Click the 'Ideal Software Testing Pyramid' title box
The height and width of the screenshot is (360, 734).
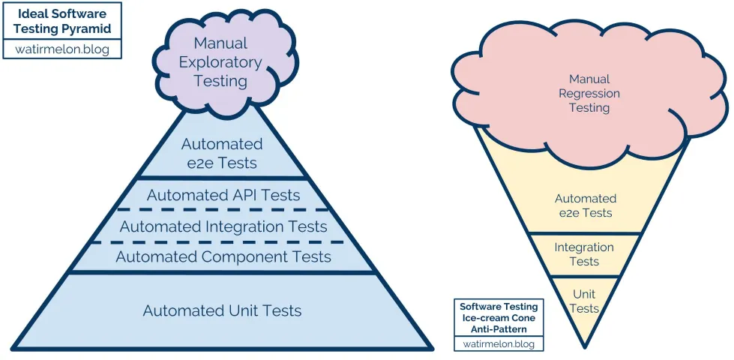pyautogui.click(x=61, y=20)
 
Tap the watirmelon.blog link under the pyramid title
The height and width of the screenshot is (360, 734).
pyautogui.click(x=61, y=49)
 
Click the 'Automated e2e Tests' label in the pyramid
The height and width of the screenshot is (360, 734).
pyautogui.click(x=222, y=153)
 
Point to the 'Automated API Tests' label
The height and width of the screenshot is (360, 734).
pyautogui.click(x=223, y=195)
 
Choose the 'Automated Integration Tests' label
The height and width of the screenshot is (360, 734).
pyautogui.click(x=223, y=226)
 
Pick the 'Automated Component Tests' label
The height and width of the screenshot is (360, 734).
pyautogui.click(x=223, y=257)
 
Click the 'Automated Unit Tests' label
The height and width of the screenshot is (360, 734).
pyautogui.click(x=223, y=310)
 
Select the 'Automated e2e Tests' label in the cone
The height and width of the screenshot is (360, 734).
pyautogui.click(x=586, y=205)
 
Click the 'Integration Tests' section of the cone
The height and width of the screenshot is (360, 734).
pyautogui.click(x=584, y=254)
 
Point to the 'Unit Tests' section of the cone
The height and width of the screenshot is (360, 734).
pyautogui.click(x=584, y=301)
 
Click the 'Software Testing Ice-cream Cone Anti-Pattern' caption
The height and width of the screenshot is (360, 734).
pyautogui.click(x=499, y=318)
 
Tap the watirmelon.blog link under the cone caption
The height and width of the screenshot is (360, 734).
pyautogui.click(x=499, y=343)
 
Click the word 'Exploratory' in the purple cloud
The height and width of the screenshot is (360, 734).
pyautogui.click(x=220, y=62)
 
